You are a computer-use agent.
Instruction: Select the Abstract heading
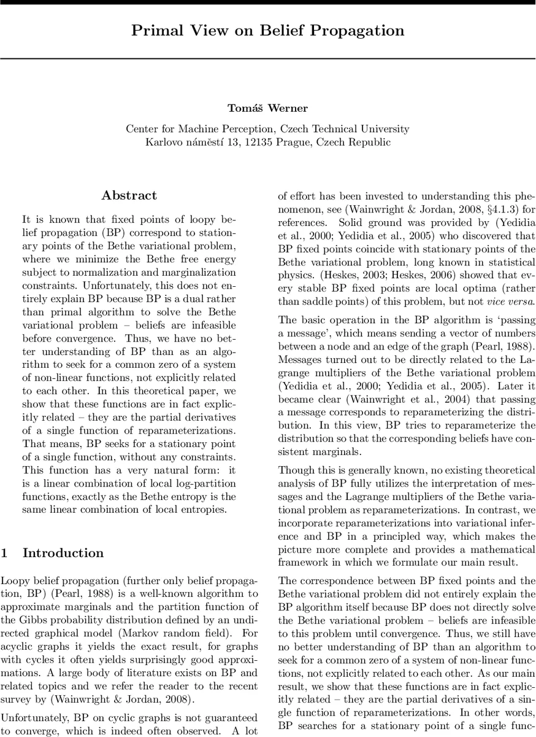[129, 196]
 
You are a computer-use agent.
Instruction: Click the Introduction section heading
[63, 553]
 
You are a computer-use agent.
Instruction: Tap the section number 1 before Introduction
[4, 553]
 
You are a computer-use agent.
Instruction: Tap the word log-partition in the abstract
[202, 483]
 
